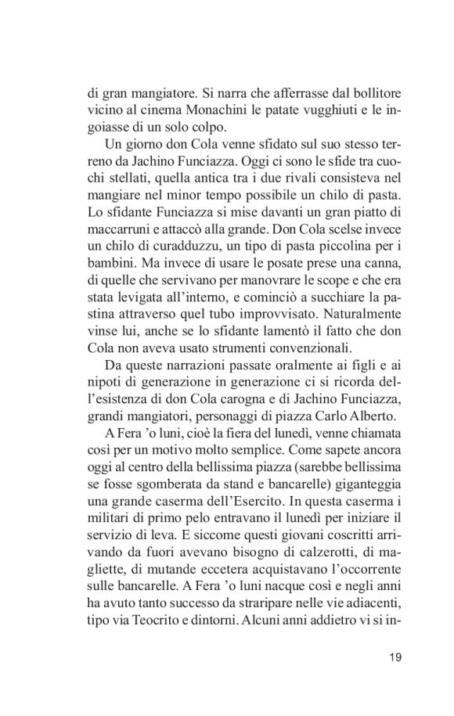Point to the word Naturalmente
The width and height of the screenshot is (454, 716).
361,318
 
